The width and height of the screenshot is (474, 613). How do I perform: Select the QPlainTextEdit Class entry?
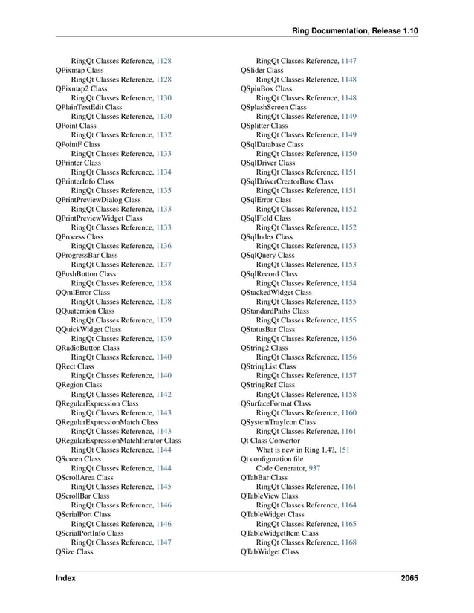click(88, 107)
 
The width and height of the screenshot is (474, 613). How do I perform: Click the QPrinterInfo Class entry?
click(85, 181)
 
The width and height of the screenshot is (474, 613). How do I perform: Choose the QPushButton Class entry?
click(85, 274)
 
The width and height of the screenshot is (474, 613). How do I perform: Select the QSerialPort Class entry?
click(83, 514)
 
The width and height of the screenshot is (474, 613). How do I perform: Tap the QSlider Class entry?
click(262, 70)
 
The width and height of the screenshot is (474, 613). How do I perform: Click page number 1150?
click(348, 154)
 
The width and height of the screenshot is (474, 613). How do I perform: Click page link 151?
click(345, 450)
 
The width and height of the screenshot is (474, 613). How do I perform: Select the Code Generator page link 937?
click(314, 468)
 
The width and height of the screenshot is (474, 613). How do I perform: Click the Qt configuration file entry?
click(272, 459)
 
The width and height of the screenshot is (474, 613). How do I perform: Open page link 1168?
click(348, 542)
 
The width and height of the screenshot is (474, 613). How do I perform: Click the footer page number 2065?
click(408, 577)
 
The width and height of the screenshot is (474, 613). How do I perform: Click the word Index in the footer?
click(65, 577)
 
